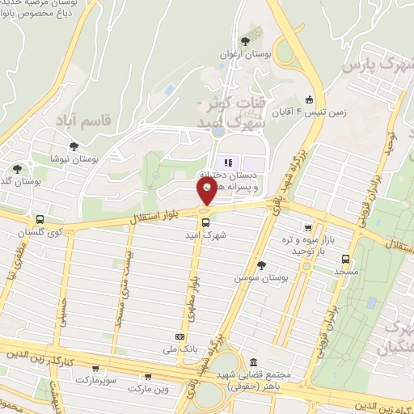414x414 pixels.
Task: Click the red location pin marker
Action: pos(207,192)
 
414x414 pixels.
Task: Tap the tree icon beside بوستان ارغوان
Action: pos(245,40)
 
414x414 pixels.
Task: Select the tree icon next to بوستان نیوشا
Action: pos(74,146)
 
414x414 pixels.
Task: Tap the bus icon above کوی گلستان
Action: pos(40,219)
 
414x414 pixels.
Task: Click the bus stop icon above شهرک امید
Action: pos(205,222)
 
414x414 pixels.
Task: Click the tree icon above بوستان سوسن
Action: pos(260,264)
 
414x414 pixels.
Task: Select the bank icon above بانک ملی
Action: pos(180,336)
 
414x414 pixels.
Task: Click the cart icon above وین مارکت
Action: pos(147,376)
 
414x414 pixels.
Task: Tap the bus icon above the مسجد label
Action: pos(345,260)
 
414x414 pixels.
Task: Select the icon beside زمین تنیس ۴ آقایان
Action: pos(310,100)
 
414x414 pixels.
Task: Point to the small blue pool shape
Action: pos(170,90)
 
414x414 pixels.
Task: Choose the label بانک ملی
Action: pos(180,349)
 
